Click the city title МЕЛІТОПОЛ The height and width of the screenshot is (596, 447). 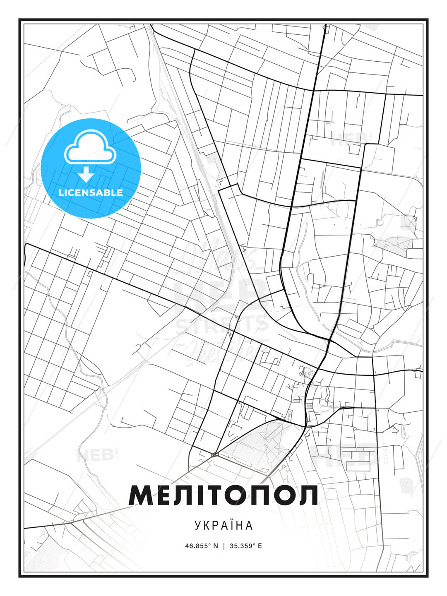(x=223, y=495)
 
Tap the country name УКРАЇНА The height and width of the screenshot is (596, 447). (x=223, y=526)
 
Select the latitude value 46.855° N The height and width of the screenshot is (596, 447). (x=202, y=546)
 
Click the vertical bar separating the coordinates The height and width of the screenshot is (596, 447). (x=224, y=546)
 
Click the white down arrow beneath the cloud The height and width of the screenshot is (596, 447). (x=86, y=175)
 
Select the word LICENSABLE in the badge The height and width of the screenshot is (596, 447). (x=91, y=192)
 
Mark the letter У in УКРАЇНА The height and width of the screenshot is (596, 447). (x=197, y=526)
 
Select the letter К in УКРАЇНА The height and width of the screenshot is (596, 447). (x=206, y=526)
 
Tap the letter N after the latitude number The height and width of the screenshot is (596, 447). (x=215, y=546)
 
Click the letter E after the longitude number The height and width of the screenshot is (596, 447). (x=260, y=546)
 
